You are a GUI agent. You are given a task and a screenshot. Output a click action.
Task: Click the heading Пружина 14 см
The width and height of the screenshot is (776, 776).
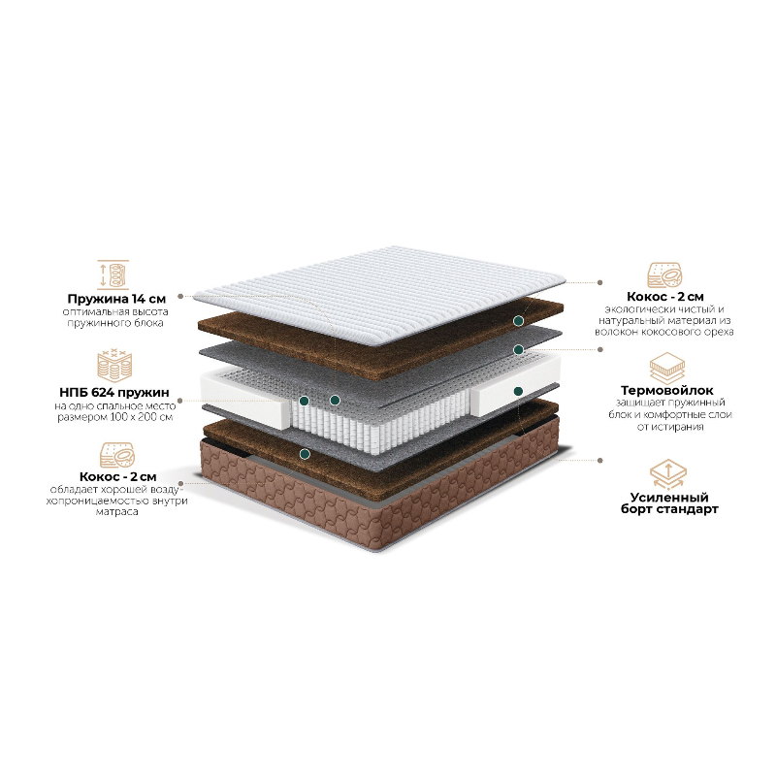click(x=116, y=299)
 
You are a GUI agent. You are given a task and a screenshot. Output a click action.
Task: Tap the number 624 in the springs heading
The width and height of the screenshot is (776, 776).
click(x=106, y=392)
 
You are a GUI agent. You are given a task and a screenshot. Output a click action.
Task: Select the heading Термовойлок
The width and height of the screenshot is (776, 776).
click(x=667, y=391)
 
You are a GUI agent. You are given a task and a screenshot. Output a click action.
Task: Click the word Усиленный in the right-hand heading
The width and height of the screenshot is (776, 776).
click(x=669, y=497)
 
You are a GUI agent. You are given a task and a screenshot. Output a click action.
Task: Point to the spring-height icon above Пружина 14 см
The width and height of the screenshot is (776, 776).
click(x=113, y=275)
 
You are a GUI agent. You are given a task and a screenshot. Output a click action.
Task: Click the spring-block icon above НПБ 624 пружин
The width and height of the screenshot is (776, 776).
click(x=114, y=366)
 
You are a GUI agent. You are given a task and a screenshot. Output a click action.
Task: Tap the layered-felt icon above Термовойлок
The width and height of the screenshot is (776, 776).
click(x=667, y=369)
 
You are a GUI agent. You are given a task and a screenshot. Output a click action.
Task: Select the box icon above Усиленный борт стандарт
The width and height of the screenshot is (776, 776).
click(x=667, y=474)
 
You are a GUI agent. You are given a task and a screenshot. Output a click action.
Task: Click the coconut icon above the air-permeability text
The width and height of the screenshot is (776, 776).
click(x=117, y=455)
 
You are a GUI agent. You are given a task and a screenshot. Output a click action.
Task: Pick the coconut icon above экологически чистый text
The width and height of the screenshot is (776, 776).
click(x=664, y=275)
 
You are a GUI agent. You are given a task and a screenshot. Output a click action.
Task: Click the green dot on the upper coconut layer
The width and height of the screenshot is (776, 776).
click(x=518, y=321)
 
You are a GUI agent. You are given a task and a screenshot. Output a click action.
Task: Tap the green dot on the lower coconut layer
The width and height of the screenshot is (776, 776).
click(x=306, y=453)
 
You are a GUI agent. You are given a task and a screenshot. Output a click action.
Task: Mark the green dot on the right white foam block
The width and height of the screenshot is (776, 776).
click(x=518, y=392)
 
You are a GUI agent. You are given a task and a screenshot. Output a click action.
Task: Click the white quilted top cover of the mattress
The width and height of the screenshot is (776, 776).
click(x=379, y=293)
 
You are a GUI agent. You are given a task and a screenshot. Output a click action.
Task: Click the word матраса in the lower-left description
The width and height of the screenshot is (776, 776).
click(x=116, y=512)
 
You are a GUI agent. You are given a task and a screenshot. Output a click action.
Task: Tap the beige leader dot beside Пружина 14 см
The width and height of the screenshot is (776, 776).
click(x=180, y=297)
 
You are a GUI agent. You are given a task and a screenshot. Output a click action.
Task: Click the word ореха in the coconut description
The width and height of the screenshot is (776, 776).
click(x=717, y=332)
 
